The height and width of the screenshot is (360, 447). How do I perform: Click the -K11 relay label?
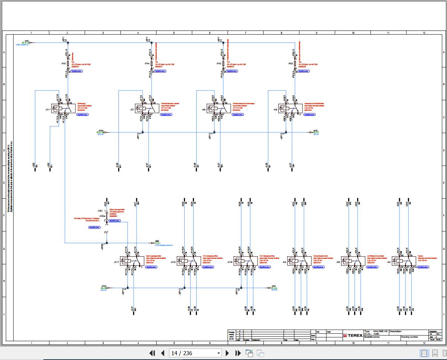[48, 110]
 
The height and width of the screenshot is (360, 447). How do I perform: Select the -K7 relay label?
[132, 110]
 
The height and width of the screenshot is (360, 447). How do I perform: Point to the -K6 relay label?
[204, 110]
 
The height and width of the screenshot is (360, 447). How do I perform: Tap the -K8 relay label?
[275, 110]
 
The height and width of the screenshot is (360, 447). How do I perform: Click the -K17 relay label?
[116, 262]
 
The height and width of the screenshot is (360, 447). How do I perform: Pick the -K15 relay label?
[173, 262]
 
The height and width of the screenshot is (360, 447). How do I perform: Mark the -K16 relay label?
[230, 262]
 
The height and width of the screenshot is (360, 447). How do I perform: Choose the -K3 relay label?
[285, 262]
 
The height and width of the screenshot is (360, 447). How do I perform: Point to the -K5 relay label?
[338, 262]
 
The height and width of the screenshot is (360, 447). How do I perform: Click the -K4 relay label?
[389, 262]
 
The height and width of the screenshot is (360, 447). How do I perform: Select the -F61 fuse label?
[64, 64]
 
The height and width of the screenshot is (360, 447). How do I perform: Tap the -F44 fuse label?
[147, 64]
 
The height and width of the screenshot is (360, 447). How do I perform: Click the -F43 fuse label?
[219, 64]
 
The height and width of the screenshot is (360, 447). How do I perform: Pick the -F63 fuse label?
[291, 64]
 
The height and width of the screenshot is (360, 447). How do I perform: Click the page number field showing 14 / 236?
[195, 353]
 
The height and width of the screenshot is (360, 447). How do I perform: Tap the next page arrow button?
[227, 353]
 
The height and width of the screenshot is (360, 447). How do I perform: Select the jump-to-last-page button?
[238, 353]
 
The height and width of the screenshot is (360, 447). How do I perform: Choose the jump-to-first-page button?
[152, 353]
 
